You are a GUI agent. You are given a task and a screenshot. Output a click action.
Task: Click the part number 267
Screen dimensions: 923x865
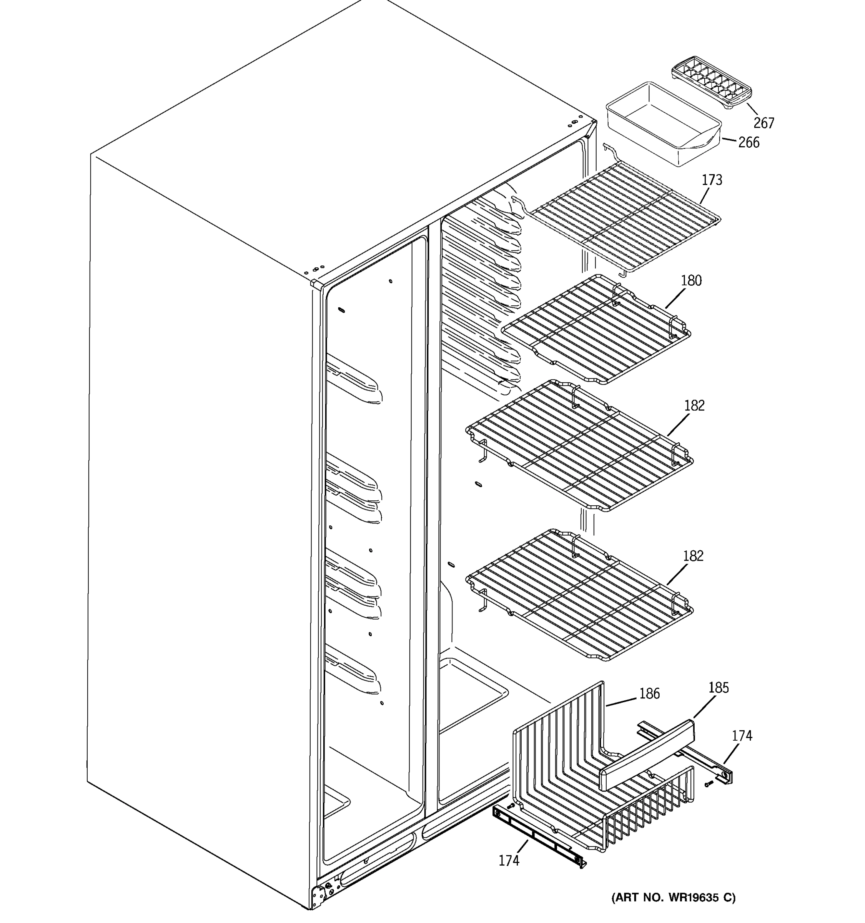764,123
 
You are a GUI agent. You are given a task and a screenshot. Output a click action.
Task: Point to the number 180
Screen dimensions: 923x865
691,280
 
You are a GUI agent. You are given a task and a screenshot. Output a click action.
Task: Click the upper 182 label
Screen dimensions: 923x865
694,406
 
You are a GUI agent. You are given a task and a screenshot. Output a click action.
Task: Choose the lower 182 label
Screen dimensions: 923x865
693,556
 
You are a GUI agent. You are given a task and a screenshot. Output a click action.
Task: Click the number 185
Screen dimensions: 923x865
719,688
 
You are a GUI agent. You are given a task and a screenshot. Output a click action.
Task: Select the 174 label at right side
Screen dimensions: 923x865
742,736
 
